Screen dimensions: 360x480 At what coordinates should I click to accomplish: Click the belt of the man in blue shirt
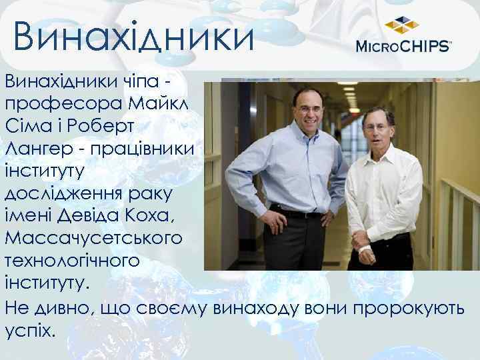pyautogui.click(x=297, y=213)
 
